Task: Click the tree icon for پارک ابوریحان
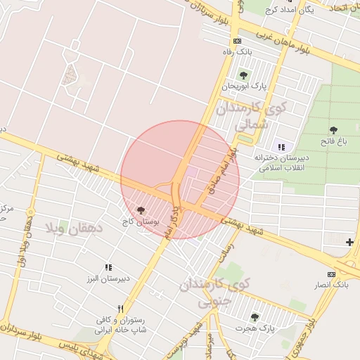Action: [x=243, y=75]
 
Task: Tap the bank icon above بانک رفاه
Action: [x=237, y=41]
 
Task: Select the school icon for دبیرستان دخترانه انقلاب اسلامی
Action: [x=282, y=147]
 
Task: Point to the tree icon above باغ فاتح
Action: [x=333, y=130]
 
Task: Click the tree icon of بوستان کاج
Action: [x=141, y=210]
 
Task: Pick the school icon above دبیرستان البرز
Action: [x=108, y=267]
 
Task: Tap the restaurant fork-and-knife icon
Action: [x=121, y=309]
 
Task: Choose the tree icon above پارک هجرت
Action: [x=255, y=316]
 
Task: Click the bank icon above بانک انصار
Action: [x=332, y=274]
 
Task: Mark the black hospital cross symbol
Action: [x=349, y=243]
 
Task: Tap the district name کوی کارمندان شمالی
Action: [x=253, y=116]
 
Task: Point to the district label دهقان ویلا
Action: [x=74, y=228]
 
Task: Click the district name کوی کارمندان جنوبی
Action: [x=214, y=292]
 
